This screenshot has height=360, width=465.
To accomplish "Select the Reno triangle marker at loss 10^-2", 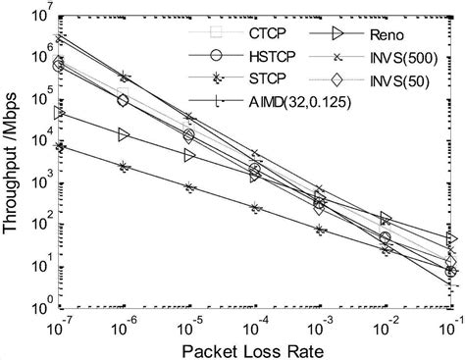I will [x=386, y=219].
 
